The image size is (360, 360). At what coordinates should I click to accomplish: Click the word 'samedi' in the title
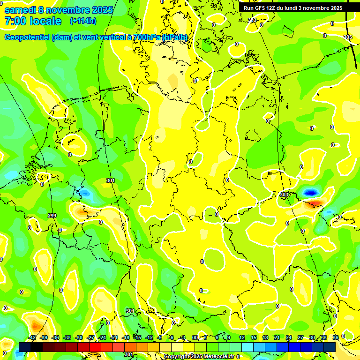[x=19, y=10]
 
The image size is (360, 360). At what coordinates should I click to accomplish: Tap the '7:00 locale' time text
[x=33, y=21]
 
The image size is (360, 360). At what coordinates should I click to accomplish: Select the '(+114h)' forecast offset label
[x=83, y=21]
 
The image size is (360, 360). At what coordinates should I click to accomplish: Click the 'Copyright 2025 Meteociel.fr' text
[x=199, y=356]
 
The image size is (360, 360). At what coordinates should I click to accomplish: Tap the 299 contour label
[x=52, y=216]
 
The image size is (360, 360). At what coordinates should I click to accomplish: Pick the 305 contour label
[x=347, y=37]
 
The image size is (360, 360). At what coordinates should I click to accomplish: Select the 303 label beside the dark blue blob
[x=284, y=195]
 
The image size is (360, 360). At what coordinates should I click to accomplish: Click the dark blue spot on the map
[x=309, y=192]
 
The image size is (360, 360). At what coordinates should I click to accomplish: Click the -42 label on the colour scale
[x=32, y=337]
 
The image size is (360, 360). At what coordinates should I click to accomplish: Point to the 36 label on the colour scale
[x=335, y=337]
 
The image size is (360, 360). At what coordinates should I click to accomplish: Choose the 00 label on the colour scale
[x=195, y=337]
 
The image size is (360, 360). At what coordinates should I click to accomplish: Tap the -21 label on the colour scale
[x=114, y=337]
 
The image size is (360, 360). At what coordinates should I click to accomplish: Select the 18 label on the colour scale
[x=265, y=337]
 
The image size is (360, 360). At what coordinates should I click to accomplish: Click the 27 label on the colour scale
[x=300, y=337]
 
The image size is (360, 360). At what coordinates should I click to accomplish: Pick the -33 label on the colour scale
[x=67, y=337]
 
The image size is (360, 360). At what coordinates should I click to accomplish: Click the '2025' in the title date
[x=102, y=10]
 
